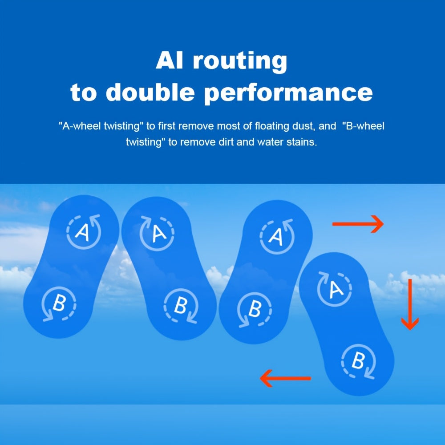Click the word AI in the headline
click(170, 60)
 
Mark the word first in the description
click(167, 126)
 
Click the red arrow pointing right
click(358, 224)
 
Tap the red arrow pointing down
click(410, 304)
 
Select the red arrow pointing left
click(286, 378)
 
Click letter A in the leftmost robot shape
click(83, 232)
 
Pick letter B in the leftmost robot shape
click(59, 303)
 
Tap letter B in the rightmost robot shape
click(358, 360)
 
